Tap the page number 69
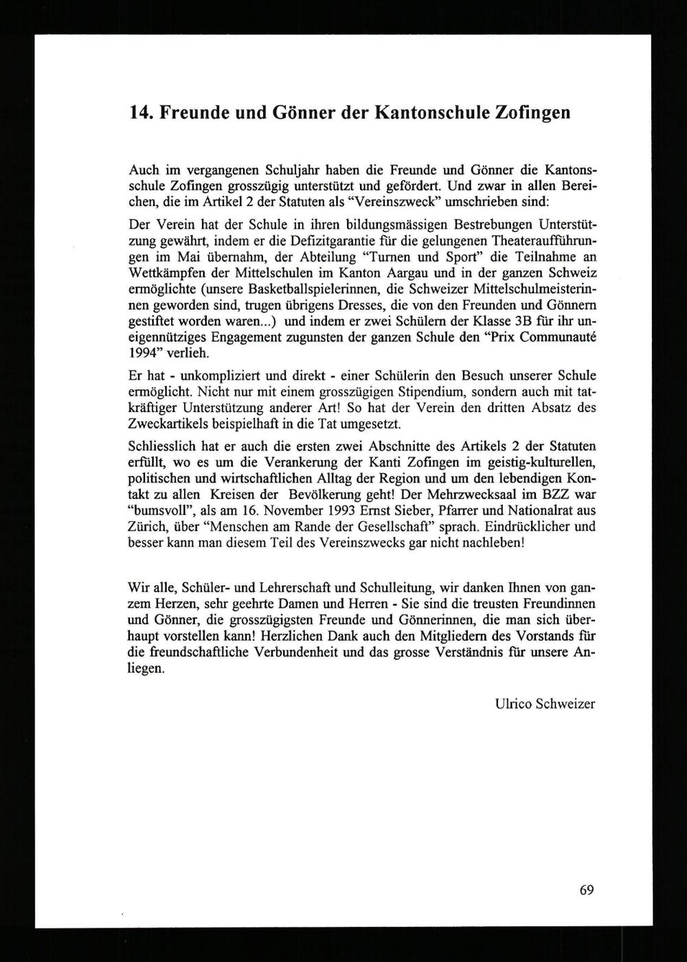click(x=586, y=890)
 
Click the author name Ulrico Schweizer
click(x=544, y=703)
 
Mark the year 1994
click(x=143, y=352)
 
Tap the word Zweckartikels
click(x=170, y=423)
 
